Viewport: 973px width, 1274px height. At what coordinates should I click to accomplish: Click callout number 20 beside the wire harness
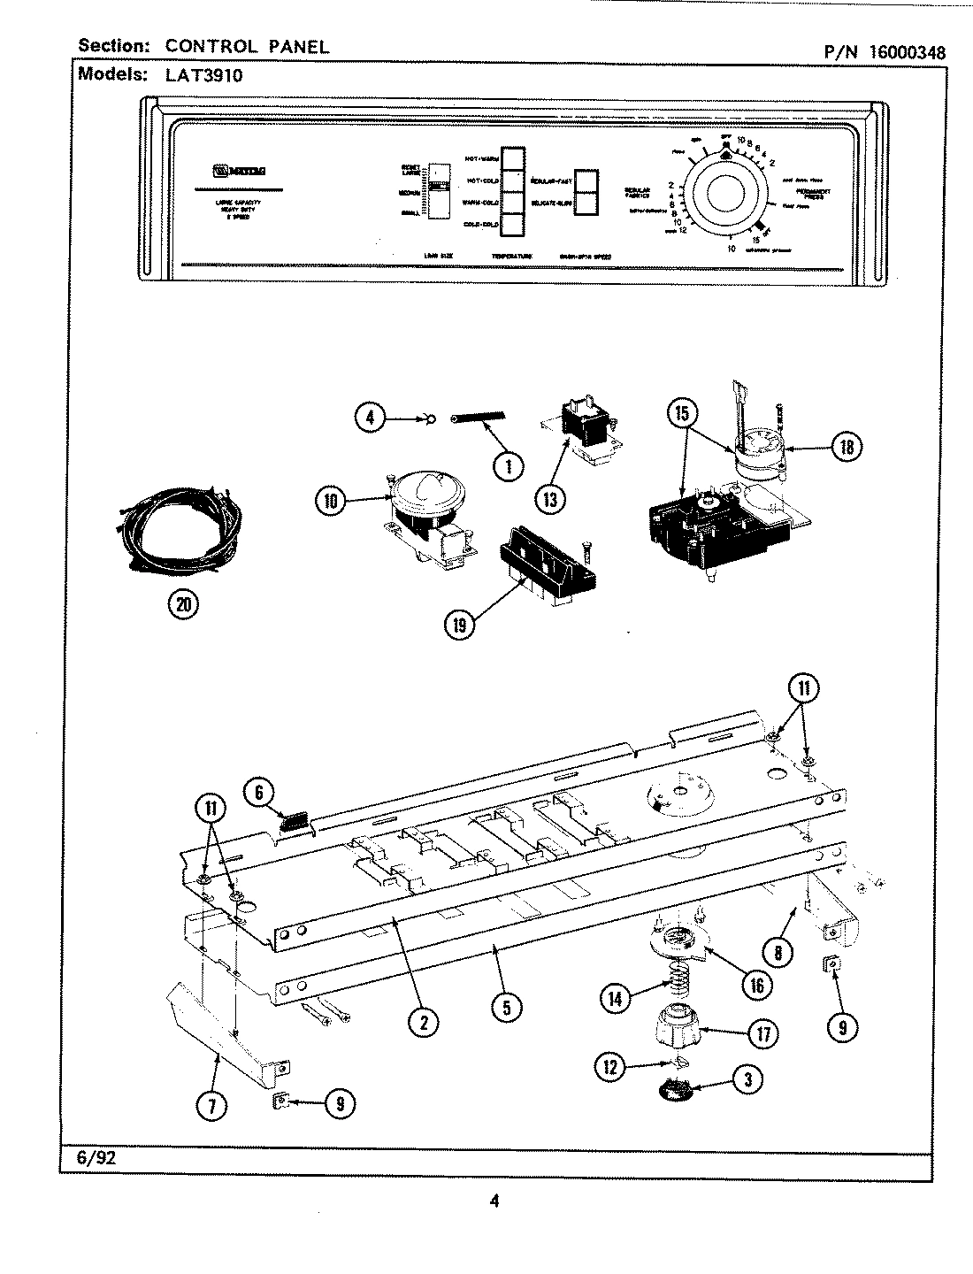[x=183, y=604]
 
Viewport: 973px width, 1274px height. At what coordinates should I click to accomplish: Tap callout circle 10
[x=331, y=501]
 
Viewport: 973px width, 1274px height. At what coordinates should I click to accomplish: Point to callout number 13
[x=550, y=499]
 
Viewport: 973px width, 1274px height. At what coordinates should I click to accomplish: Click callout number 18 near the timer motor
[x=847, y=447]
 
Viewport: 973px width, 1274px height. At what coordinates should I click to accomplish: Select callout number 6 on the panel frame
[x=260, y=793]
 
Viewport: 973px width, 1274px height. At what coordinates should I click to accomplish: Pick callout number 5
[x=506, y=1006]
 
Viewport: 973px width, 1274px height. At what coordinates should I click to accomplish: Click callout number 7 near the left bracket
[x=212, y=1104]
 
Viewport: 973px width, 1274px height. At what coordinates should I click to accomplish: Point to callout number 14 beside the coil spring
[x=616, y=998]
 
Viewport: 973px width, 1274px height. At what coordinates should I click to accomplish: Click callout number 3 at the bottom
[x=748, y=1078]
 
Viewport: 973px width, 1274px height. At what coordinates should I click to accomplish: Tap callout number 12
[x=609, y=1067]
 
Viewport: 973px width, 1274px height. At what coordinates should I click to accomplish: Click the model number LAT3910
[x=203, y=75]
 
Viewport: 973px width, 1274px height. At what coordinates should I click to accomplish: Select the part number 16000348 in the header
[x=907, y=52]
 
